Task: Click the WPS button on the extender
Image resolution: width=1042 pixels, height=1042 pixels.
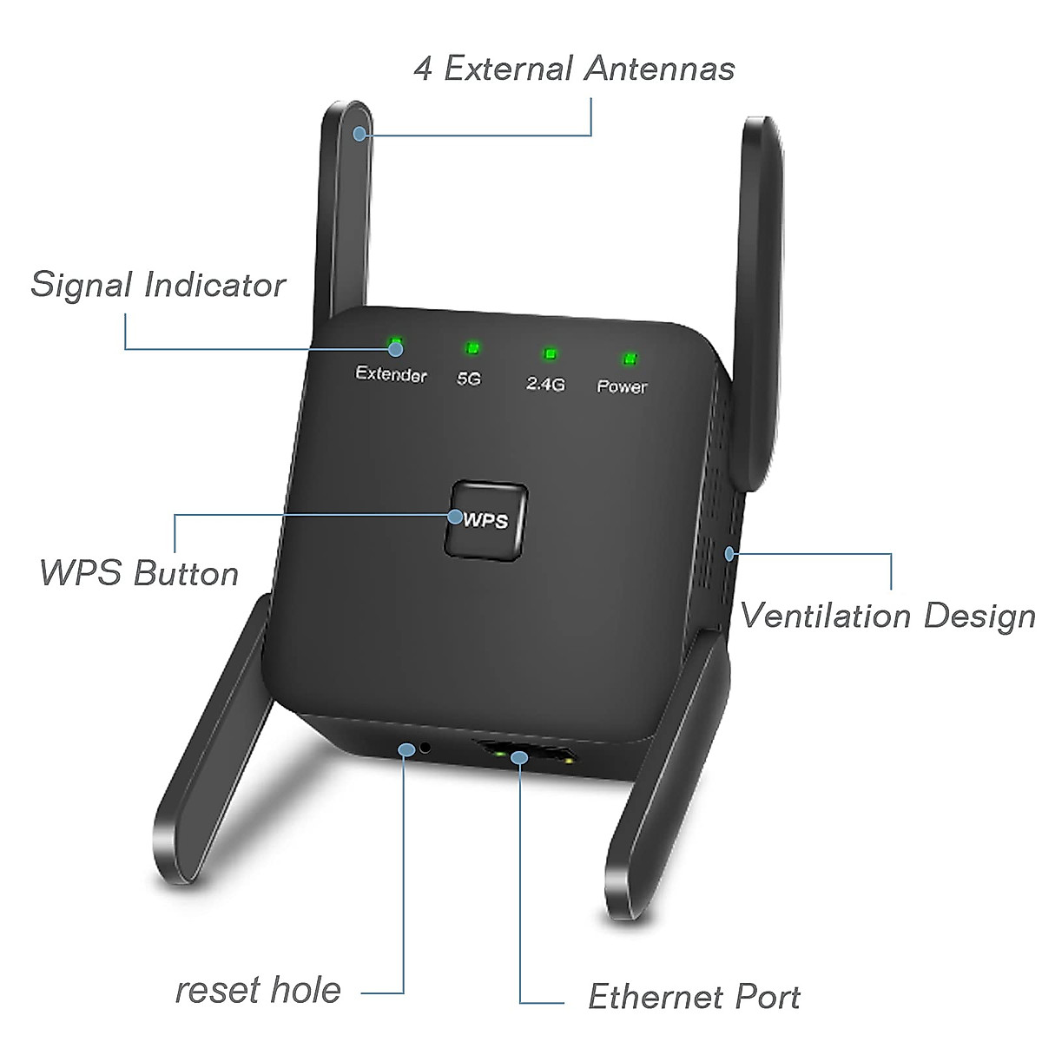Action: pyautogui.click(x=486, y=520)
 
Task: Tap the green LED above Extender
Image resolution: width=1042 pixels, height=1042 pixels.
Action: pyautogui.click(x=396, y=343)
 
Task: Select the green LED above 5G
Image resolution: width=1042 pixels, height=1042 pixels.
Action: pyautogui.click(x=472, y=348)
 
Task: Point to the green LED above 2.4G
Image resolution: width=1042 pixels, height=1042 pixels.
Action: pyautogui.click(x=550, y=353)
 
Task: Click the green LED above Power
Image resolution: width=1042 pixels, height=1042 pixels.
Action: pyautogui.click(x=630, y=359)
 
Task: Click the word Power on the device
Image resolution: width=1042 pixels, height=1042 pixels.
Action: pyautogui.click(x=622, y=386)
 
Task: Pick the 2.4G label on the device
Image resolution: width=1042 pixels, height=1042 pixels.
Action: pyautogui.click(x=545, y=383)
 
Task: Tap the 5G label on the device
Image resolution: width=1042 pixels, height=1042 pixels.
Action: pyautogui.click(x=469, y=379)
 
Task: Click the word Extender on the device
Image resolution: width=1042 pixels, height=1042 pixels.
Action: pyautogui.click(x=391, y=373)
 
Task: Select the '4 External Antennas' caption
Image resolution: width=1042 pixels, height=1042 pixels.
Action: pyautogui.click(x=574, y=69)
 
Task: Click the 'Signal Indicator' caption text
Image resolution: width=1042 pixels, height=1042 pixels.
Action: pyautogui.click(x=158, y=285)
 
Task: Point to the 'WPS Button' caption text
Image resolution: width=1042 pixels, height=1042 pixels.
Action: pyautogui.click(x=139, y=573)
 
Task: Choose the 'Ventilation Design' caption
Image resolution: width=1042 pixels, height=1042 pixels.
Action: pyautogui.click(x=887, y=616)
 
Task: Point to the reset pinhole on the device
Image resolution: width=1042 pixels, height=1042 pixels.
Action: pyautogui.click(x=425, y=747)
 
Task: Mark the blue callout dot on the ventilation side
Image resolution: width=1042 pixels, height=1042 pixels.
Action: pyautogui.click(x=730, y=552)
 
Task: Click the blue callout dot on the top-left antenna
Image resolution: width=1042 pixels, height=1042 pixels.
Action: pyautogui.click(x=360, y=133)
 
